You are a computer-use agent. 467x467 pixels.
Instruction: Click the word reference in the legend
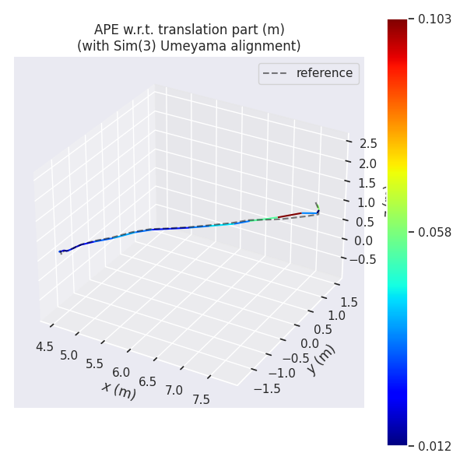coord(324,73)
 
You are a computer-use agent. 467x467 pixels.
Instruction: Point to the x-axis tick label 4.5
coord(45,346)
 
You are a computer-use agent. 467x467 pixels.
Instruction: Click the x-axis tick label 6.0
coord(121,373)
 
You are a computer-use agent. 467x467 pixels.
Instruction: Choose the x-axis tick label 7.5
coord(201,399)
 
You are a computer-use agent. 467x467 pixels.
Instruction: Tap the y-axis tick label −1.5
coord(266,388)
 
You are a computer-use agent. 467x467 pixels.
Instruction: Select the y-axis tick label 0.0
coord(309,344)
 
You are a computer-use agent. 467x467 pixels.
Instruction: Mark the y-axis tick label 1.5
coord(348,302)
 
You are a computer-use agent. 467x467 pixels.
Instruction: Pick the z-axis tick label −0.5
coord(361,259)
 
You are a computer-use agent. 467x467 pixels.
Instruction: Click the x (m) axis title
coord(118,390)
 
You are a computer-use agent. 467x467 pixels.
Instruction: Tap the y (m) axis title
coord(321,359)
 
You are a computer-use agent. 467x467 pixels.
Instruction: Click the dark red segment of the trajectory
coord(289,215)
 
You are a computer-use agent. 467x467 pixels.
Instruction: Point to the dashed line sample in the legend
coord(276,73)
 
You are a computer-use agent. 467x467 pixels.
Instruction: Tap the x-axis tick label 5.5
coord(95,364)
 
